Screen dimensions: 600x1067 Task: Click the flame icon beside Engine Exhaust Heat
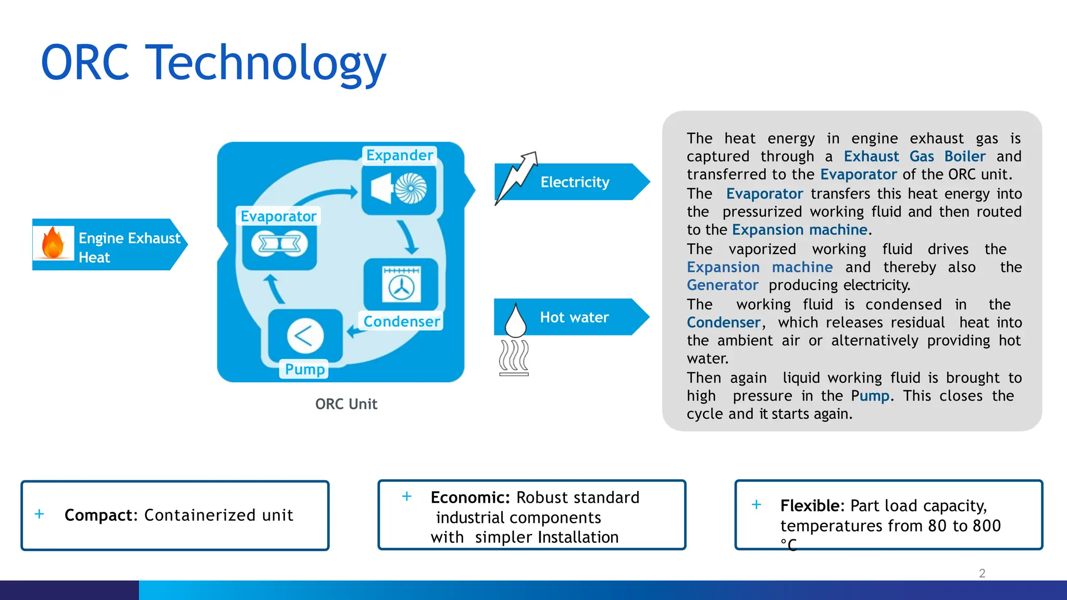(53, 243)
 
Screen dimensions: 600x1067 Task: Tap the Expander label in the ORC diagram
(399, 155)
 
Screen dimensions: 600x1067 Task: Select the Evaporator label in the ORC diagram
(278, 216)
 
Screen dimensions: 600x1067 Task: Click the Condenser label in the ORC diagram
(401, 321)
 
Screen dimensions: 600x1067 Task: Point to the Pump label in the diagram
(305, 369)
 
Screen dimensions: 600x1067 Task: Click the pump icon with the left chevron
(305, 336)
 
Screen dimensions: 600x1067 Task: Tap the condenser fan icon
(401, 286)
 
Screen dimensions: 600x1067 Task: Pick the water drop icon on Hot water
(515, 320)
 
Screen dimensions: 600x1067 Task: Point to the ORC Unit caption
(346, 404)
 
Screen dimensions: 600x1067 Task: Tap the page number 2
(982, 573)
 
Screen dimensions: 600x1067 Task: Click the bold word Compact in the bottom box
(100, 515)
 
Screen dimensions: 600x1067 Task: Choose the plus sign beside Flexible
(756, 505)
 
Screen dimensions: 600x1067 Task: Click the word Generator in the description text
(722, 285)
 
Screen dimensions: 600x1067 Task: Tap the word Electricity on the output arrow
(575, 182)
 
